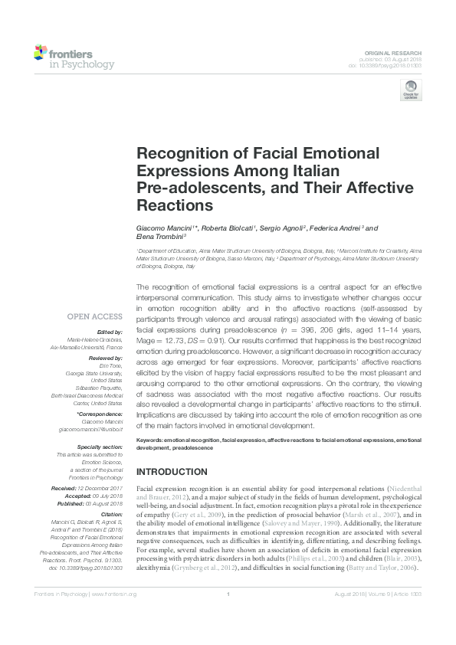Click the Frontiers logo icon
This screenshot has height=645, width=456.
(40, 53)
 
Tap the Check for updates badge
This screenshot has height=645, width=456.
(412, 90)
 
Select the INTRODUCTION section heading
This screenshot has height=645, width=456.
(172, 471)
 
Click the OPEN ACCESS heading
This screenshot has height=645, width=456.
(95, 316)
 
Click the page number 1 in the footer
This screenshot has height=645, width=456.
(228, 594)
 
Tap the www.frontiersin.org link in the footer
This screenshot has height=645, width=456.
(115, 594)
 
